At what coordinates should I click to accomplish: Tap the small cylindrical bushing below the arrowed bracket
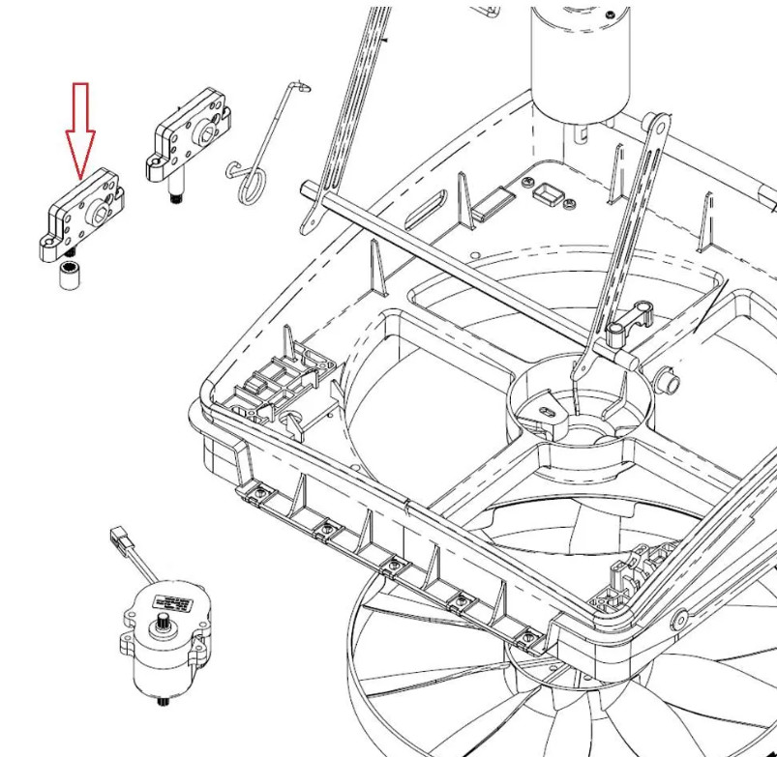pos(71,275)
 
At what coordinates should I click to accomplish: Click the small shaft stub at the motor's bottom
pos(170,700)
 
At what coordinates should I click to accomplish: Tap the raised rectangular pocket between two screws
pos(550,195)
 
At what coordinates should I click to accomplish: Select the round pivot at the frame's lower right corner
pos(681,618)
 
